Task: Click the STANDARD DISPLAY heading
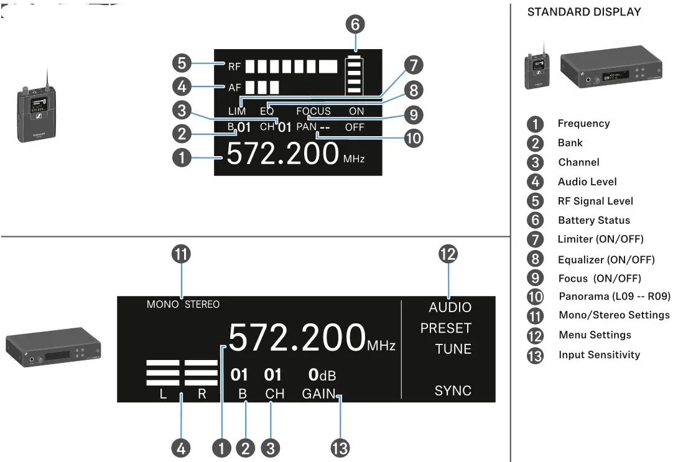pyautogui.click(x=584, y=12)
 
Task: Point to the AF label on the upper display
pyautogui.click(x=234, y=87)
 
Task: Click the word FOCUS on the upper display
pyautogui.click(x=313, y=111)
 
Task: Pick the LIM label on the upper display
pyautogui.click(x=237, y=111)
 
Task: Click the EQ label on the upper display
pyautogui.click(x=267, y=111)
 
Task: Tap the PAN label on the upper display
pyautogui.click(x=307, y=127)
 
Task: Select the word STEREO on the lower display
pyautogui.click(x=202, y=305)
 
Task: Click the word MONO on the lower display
pyautogui.click(x=163, y=305)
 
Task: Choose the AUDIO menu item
pyautogui.click(x=450, y=307)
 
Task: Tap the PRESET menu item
pyautogui.click(x=446, y=328)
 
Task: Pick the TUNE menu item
pyautogui.click(x=453, y=349)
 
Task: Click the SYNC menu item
pyautogui.click(x=453, y=391)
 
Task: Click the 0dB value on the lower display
pyautogui.click(x=322, y=375)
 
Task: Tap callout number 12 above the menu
pyautogui.click(x=448, y=254)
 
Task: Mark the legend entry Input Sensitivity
pyautogui.click(x=599, y=355)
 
